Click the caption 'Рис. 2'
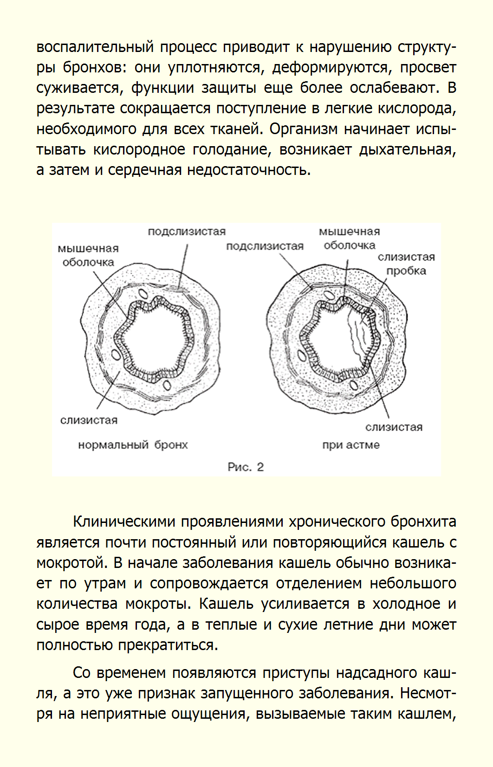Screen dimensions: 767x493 [x=246, y=467]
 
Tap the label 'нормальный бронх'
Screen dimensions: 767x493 [x=133, y=445]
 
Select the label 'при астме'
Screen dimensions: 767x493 [x=351, y=445]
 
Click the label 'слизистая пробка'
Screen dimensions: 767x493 [x=406, y=264]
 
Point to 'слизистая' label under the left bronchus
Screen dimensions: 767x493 [x=89, y=420]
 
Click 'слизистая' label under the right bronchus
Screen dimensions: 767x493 [x=394, y=427]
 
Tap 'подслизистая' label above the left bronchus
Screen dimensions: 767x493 [x=187, y=232]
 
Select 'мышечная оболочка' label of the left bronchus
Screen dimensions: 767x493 [x=88, y=255]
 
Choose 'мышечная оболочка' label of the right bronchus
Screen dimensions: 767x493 [x=350, y=238]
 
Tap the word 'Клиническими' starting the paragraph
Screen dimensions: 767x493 [x=124, y=522]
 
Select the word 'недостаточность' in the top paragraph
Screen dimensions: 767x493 [x=248, y=170]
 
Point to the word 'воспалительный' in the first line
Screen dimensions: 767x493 [x=95, y=47]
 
